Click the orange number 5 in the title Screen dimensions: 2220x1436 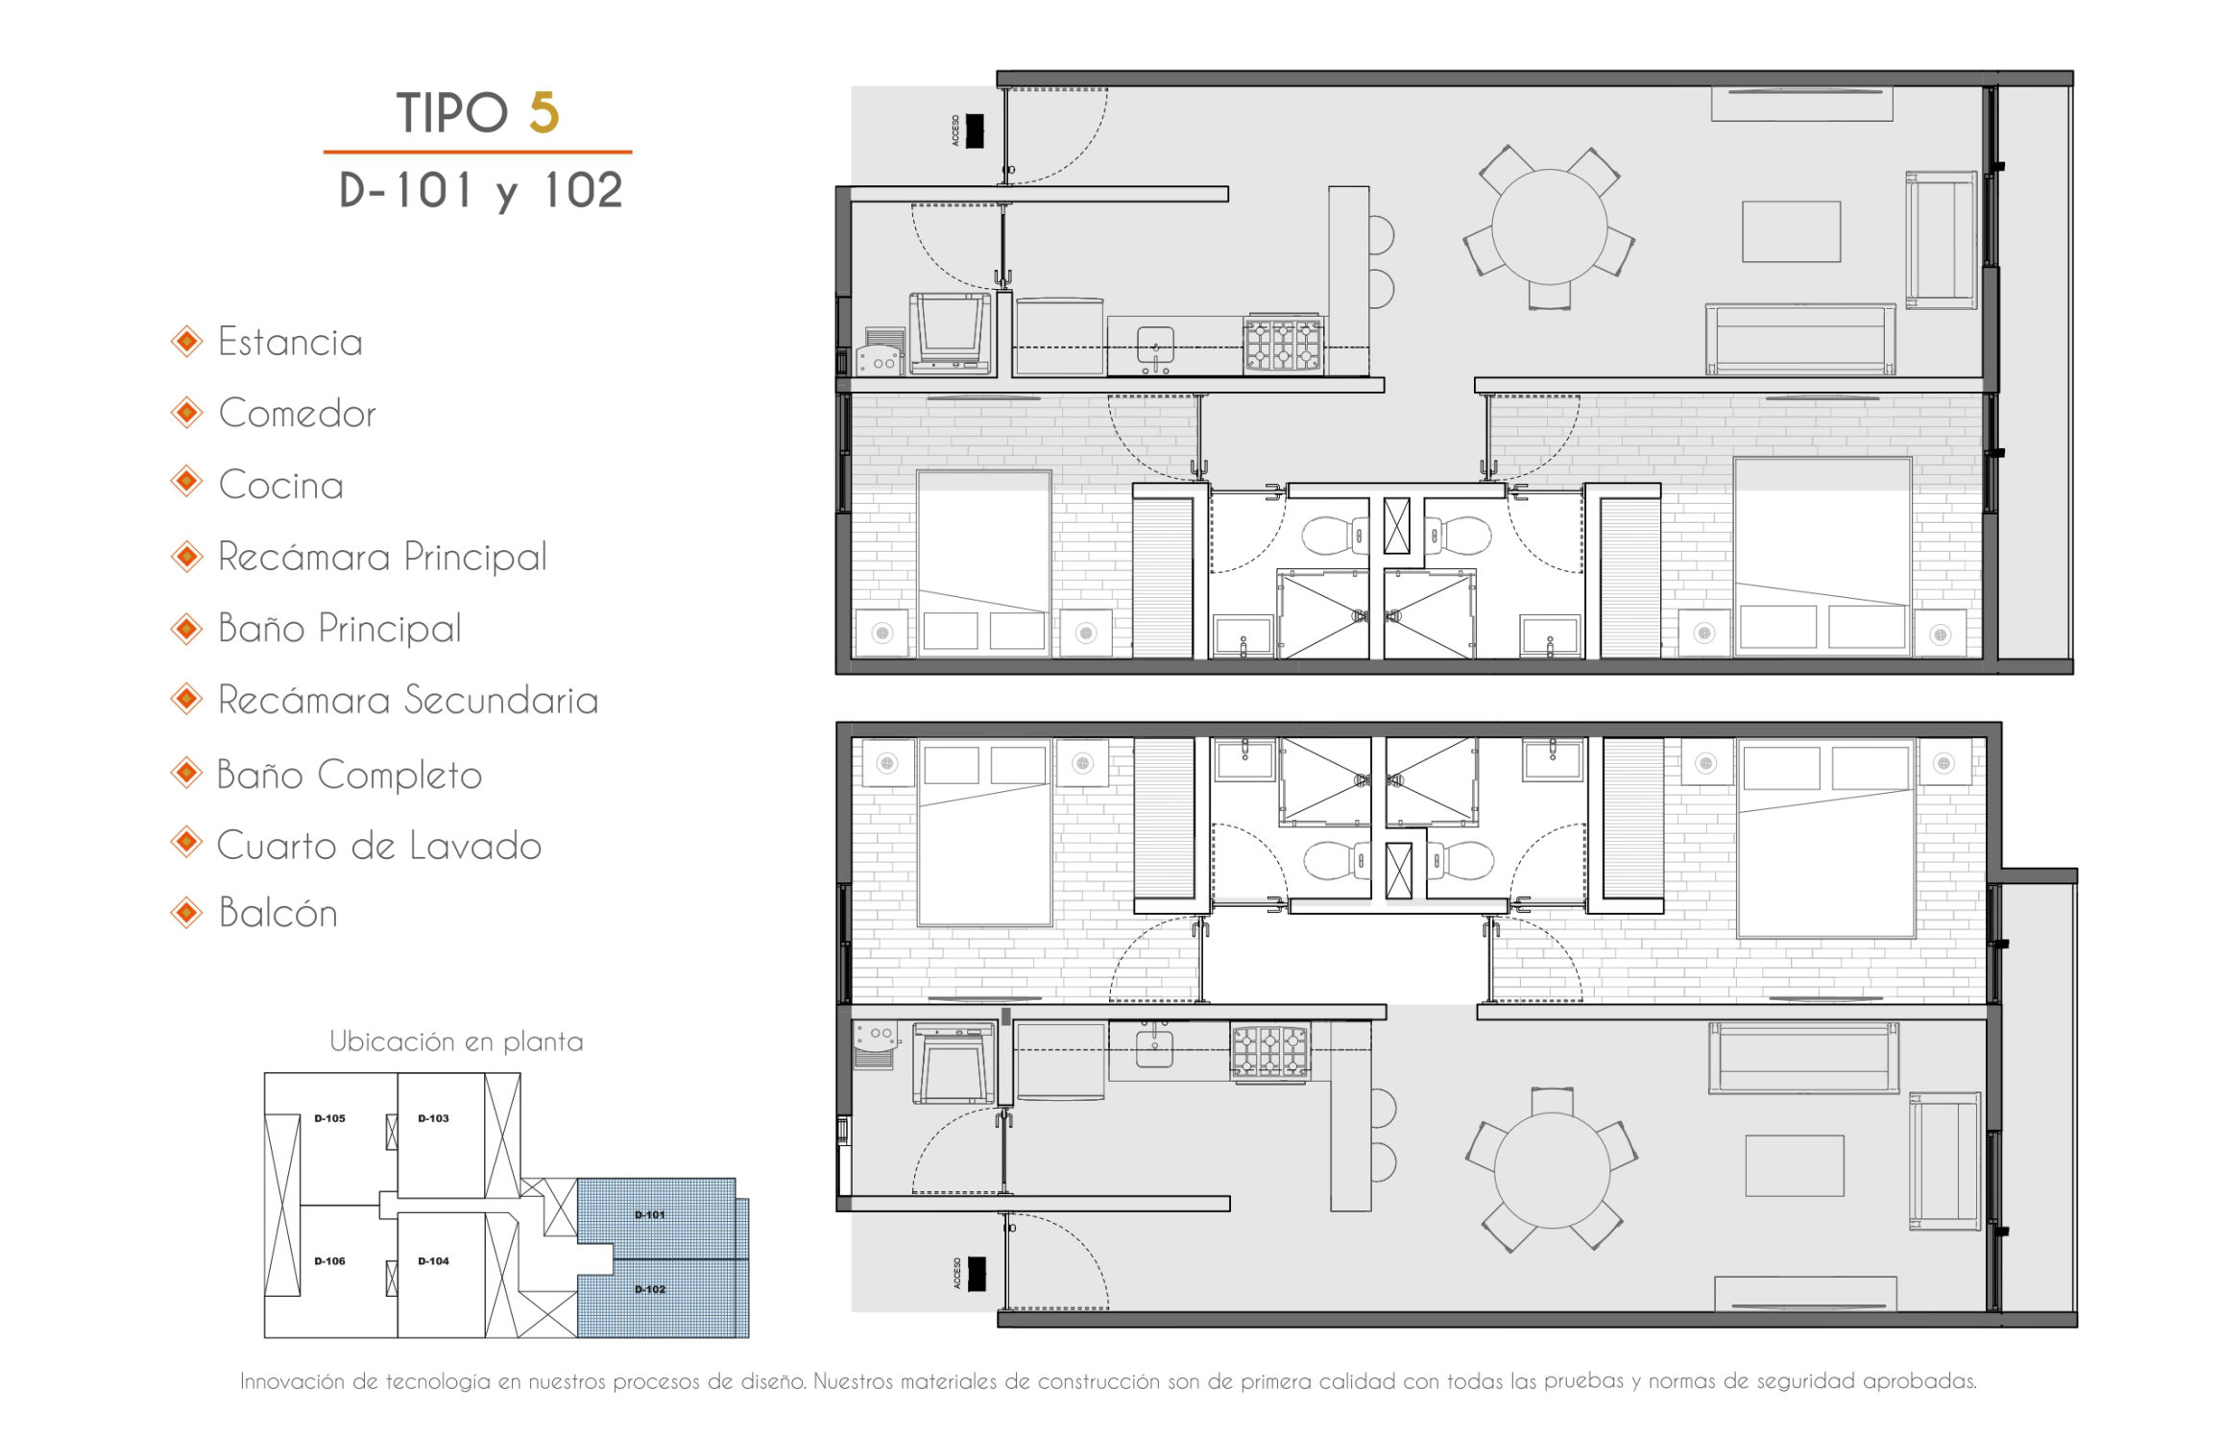pyautogui.click(x=543, y=113)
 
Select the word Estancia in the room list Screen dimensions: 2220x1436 pyautogui.click(x=290, y=343)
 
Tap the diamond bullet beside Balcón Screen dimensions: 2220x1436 pyautogui.click(x=186, y=913)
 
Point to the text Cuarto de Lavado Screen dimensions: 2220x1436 pyautogui.click(x=379, y=846)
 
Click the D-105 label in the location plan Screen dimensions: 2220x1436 pyautogui.click(x=329, y=1118)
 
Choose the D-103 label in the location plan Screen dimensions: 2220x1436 pyautogui.click(x=433, y=1118)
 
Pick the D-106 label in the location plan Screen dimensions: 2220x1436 pyautogui.click(x=329, y=1261)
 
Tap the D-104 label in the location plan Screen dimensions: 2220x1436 pyautogui.click(x=433, y=1261)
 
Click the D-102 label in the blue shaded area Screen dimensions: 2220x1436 pyautogui.click(x=650, y=1289)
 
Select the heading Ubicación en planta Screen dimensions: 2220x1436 pyautogui.click(x=456, y=1041)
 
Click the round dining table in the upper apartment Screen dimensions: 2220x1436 pyautogui.click(x=1549, y=227)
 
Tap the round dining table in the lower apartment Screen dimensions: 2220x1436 pyautogui.click(x=1551, y=1171)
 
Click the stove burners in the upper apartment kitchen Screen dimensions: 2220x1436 pyautogui.click(x=1283, y=345)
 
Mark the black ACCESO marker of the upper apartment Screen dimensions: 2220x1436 pyautogui.click(x=975, y=132)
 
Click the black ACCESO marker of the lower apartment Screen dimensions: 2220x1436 pyautogui.click(x=977, y=1274)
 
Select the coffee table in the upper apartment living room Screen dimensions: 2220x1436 pyautogui.click(x=1792, y=231)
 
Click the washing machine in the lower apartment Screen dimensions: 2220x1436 pyautogui.click(x=954, y=1064)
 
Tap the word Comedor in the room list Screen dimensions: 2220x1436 pyautogui.click(x=297, y=414)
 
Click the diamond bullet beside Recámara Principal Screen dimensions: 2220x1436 pyautogui.click(x=186, y=557)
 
